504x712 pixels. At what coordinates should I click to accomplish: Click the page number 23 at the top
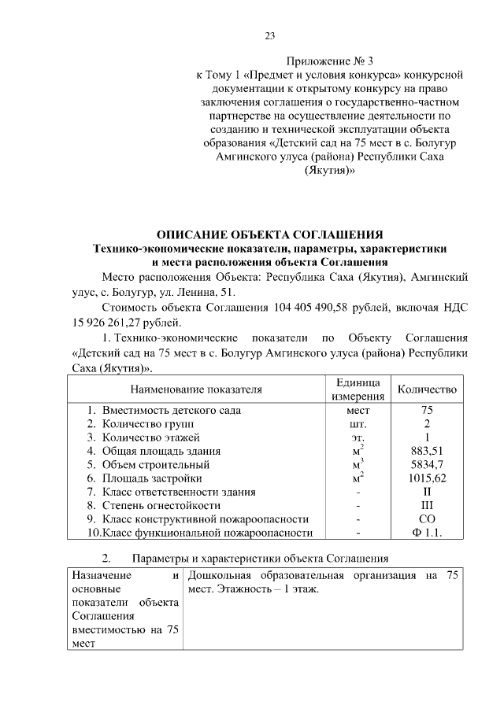pyautogui.click(x=269, y=36)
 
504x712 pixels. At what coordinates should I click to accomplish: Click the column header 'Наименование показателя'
pyautogui.click(x=196, y=389)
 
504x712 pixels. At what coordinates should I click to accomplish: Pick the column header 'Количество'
pyautogui.click(x=427, y=389)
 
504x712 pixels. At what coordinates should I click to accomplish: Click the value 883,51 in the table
pyautogui.click(x=427, y=451)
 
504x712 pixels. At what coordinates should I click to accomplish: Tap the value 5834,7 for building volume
pyautogui.click(x=427, y=464)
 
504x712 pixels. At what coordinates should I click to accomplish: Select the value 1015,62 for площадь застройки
pyautogui.click(x=427, y=478)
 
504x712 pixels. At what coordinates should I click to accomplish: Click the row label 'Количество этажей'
pyautogui.click(x=150, y=437)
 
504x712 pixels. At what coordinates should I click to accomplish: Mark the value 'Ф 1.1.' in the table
pyautogui.click(x=427, y=533)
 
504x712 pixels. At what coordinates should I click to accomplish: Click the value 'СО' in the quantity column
pyautogui.click(x=427, y=519)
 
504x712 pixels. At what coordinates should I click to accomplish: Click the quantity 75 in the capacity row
pyautogui.click(x=427, y=410)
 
